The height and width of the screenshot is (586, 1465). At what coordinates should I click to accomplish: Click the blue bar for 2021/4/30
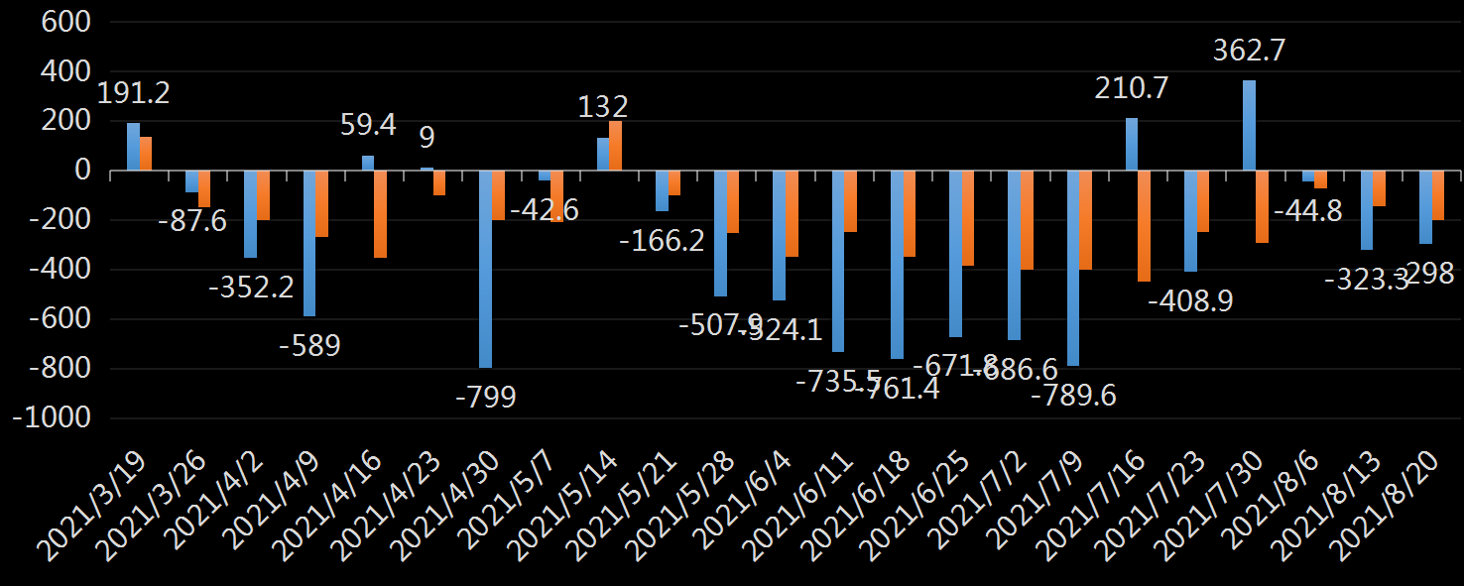click(x=486, y=269)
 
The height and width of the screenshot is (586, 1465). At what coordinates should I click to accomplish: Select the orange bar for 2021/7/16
click(x=1144, y=226)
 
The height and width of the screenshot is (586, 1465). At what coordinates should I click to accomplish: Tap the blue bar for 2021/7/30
click(x=1249, y=126)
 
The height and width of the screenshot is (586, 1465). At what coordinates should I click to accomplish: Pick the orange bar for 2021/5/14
click(x=615, y=146)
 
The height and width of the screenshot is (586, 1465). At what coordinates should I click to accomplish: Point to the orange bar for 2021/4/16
click(x=380, y=214)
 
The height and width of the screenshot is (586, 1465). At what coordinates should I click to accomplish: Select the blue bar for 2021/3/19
click(x=133, y=147)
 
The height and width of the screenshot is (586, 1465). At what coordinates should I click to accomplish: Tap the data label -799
click(x=485, y=397)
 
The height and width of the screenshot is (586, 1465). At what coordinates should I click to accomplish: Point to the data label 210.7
click(x=1132, y=89)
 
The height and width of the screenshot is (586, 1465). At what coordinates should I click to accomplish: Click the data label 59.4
click(x=368, y=125)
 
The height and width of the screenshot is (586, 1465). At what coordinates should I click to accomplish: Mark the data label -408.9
click(x=1190, y=300)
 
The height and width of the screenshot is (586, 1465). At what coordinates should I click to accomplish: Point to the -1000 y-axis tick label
click(x=51, y=418)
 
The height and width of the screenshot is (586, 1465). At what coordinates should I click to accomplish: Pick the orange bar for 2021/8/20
click(x=1437, y=195)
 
